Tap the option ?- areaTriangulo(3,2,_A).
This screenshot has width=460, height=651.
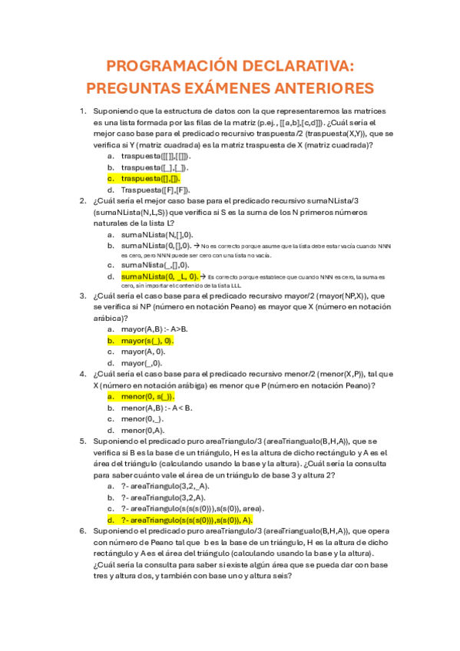click(165, 486)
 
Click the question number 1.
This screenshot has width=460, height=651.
click(83, 111)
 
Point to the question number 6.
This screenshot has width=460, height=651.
click(83, 530)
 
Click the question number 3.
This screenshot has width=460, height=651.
click(83, 296)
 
